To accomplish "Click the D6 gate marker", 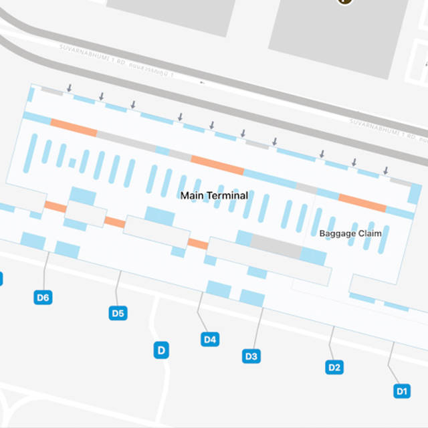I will coord(43,298).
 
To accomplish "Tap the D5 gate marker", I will coord(118,312).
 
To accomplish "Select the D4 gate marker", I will coord(210,339).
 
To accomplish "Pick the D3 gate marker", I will coord(251,356).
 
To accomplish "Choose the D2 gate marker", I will coord(334,366).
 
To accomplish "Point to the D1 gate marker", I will coord(401,391).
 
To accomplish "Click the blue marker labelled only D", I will coord(161,350).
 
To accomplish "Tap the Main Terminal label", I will coord(214,195).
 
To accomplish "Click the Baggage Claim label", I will coord(350,233).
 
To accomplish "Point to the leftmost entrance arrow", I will coord(69,88).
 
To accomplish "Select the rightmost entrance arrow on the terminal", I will coord(386,171).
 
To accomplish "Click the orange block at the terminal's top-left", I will coord(74,127).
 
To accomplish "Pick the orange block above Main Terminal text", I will coord(217,165).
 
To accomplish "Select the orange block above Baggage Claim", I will coord(362,202).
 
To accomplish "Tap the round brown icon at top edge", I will coord(344,2).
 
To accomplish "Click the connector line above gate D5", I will coord(118,288).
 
